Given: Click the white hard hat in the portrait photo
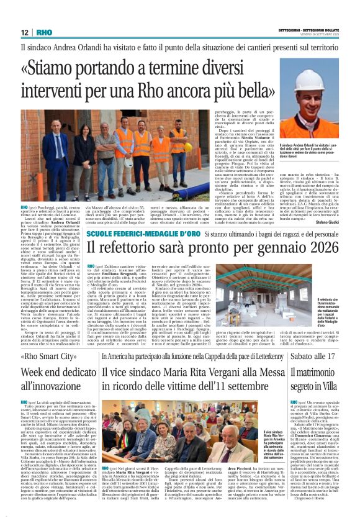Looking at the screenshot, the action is click(307, 79).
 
